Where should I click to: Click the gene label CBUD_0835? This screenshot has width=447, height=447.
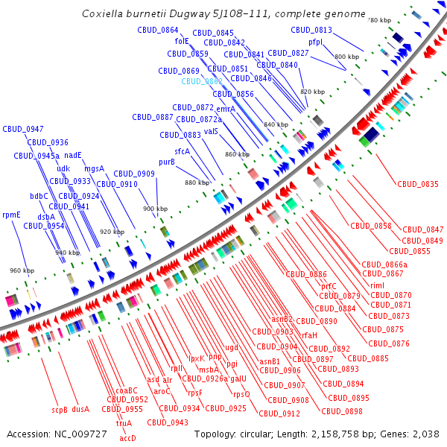(x=417, y=183)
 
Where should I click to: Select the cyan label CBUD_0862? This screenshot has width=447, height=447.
(x=201, y=81)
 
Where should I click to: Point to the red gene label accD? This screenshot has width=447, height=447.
(x=127, y=438)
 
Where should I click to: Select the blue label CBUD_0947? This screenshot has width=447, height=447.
(x=22, y=129)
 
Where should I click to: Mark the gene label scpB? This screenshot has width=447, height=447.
(x=60, y=409)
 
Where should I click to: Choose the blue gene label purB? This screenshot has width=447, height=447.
(x=166, y=162)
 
